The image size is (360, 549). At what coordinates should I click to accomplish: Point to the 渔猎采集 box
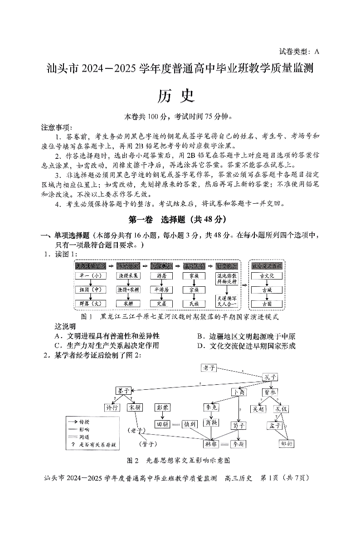(128, 275)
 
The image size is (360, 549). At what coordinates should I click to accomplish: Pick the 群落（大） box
(90, 303)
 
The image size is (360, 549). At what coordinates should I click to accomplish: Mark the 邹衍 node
(287, 443)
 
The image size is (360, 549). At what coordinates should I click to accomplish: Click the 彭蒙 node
(162, 407)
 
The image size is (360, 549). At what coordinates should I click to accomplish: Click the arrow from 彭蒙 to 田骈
(162, 416)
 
